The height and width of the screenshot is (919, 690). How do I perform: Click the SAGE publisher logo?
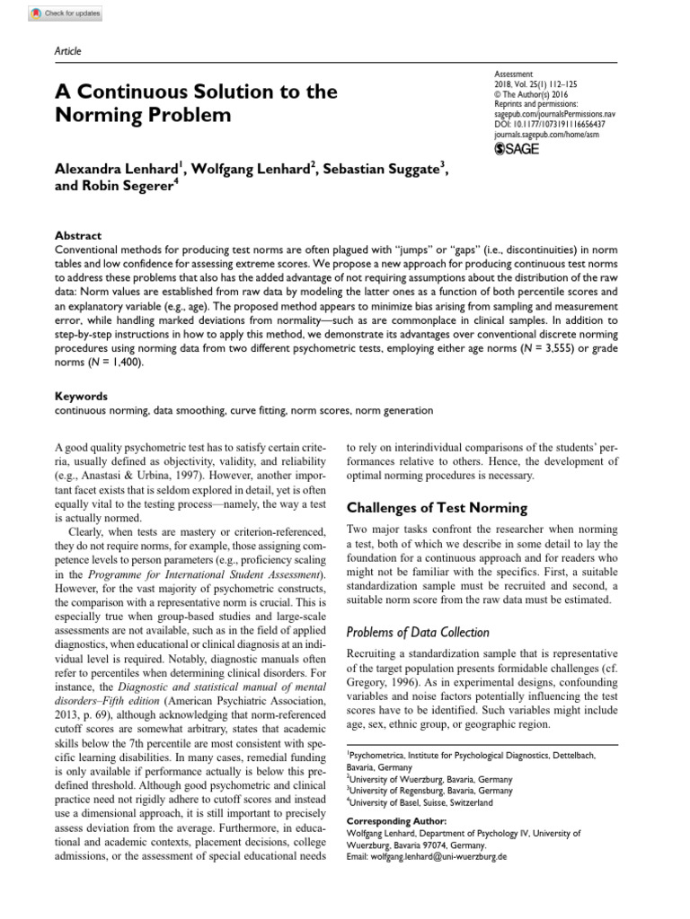(517, 148)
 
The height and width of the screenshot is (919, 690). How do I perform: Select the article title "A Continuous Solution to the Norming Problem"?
(196, 103)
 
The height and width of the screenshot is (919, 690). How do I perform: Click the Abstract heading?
(78, 235)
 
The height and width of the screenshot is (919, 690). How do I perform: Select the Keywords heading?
(81, 396)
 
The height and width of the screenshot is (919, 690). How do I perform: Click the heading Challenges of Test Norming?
(438, 507)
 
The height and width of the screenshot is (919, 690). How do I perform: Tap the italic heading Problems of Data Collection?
(418, 632)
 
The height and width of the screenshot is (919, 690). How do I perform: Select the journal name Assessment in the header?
(514, 74)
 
